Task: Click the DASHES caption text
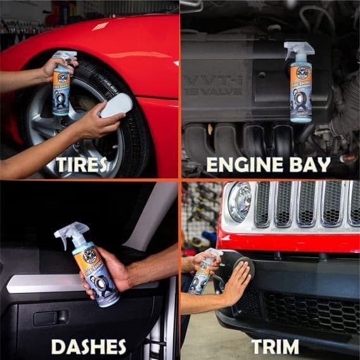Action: [88, 346]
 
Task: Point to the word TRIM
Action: [275, 346]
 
